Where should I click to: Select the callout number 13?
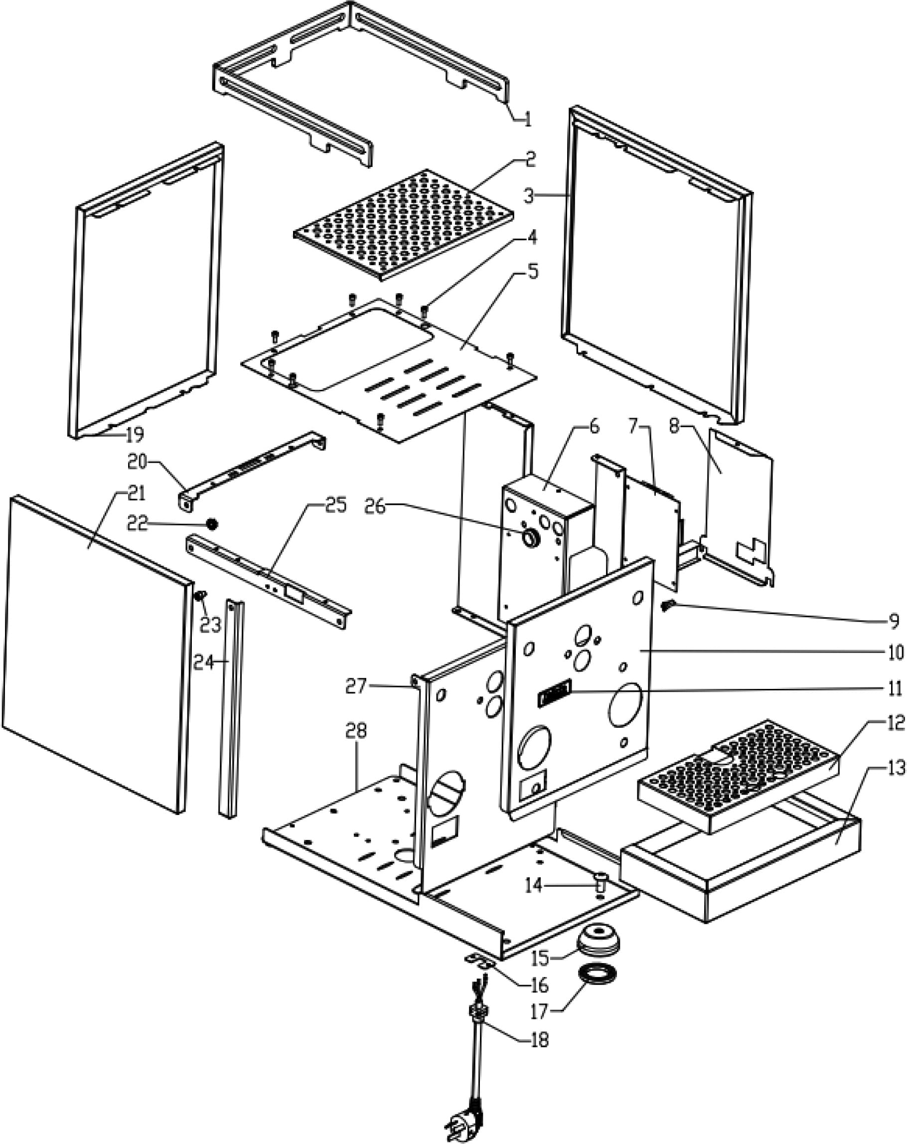[896, 767]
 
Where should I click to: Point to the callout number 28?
[356, 732]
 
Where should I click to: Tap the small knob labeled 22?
[212, 524]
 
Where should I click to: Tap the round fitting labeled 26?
[531, 538]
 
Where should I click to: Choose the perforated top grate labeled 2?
[403, 225]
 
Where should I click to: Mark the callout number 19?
[135, 435]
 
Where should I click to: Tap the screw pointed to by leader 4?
[424, 310]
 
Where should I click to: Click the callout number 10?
[896, 652]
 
